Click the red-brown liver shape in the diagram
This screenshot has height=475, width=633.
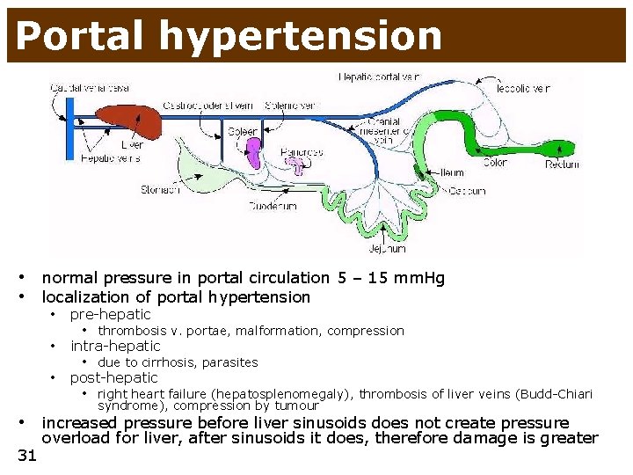point(129,121)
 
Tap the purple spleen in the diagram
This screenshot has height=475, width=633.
point(253,151)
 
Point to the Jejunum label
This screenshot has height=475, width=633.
point(387,249)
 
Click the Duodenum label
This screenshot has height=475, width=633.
point(273,207)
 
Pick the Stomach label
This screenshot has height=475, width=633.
point(162,189)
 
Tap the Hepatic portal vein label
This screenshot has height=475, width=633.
point(380,77)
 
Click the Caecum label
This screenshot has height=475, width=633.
point(467,190)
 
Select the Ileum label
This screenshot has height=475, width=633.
point(451,172)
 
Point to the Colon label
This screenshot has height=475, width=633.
point(495,163)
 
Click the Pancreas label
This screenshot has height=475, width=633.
point(302,151)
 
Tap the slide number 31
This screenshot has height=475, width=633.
point(27,455)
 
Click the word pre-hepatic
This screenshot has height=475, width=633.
point(110,314)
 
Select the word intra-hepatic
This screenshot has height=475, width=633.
point(115,346)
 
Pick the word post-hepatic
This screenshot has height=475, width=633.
point(114,377)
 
